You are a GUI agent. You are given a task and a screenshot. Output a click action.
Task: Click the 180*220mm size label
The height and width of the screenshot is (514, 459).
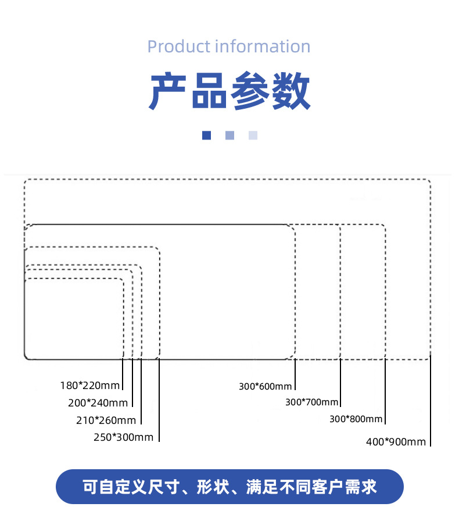click(x=89, y=385)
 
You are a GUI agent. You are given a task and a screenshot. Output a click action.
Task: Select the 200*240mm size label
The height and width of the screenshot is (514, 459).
click(x=98, y=402)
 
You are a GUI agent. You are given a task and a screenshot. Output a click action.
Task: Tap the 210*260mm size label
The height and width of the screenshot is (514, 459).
click(x=106, y=420)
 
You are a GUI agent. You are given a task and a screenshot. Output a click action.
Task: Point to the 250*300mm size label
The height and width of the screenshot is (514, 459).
click(x=123, y=437)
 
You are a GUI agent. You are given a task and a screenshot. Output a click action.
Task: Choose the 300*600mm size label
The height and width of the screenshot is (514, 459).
click(x=265, y=386)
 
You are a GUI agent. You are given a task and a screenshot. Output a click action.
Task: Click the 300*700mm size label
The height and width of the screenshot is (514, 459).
click(x=311, y=402)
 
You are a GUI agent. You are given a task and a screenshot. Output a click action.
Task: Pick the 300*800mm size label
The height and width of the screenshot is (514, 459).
click(x=356, y=419)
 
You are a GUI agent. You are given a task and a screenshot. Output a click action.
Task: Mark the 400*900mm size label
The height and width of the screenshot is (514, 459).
click(x=396, y=442)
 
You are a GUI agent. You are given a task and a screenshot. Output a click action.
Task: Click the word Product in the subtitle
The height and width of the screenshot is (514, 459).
click(x=178, y=47)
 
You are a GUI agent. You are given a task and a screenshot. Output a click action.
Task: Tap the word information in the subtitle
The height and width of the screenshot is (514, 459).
click(x=263, y=47)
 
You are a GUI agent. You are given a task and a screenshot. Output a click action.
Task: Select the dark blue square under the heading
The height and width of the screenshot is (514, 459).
click(x=206, y=135)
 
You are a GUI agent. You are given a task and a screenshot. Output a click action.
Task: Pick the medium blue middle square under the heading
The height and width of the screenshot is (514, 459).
click(x=229, y=135)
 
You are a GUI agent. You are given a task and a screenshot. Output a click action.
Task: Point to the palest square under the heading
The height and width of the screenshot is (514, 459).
click(x=253, y=135)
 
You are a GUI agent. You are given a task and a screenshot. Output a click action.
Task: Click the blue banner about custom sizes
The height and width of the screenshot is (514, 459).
click(x=229, y=487)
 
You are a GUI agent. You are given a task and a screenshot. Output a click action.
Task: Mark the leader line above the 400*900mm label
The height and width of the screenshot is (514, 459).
click(x=431, y=401)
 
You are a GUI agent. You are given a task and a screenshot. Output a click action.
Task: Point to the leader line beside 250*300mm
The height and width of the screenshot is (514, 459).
click(x=159, y=401)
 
